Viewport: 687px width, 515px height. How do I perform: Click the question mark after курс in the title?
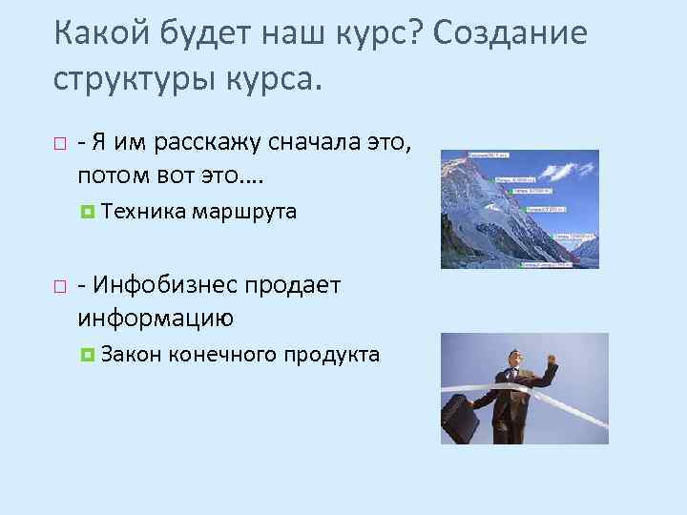[416, 32]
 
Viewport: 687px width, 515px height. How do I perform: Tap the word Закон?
[131, 355]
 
